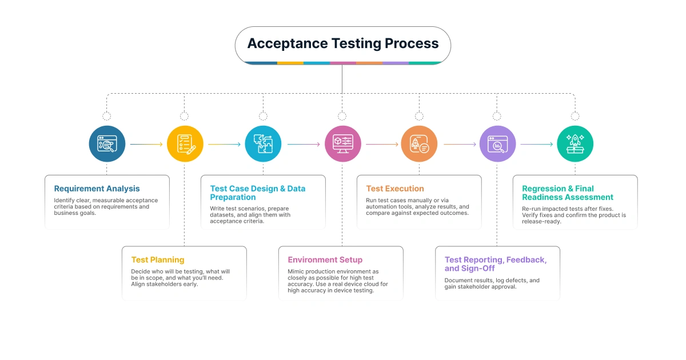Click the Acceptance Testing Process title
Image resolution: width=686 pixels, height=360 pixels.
click(x=342, y=43)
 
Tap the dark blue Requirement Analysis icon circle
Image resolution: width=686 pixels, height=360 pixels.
click(x=107, y=144)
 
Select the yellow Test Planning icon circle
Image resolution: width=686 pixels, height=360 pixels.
click(x=185, y=144)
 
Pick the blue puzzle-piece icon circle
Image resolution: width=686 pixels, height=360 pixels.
click(x=263, y=144)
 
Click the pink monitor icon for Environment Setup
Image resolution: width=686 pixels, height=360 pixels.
click(x=342, y=144)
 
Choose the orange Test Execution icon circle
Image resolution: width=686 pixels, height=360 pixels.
click(x=419, y=144)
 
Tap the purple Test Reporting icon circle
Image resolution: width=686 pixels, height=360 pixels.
click(x=497, y=144)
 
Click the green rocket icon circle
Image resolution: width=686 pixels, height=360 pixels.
click(x=575, y=144)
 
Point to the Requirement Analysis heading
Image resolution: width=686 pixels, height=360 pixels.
click(x=97, y=189)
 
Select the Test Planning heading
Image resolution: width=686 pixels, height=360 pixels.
click(x=158, y=260)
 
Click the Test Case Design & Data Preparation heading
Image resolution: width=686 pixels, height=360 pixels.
click(x=257, y=193)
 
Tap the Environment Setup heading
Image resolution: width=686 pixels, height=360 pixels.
click(x=325, y=260)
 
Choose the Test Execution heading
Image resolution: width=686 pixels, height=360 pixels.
click(x=395, y=189)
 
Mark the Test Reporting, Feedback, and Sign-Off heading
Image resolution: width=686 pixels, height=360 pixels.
click(x=495, y=264)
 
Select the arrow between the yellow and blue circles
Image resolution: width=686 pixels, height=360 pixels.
click(x=224, y=145)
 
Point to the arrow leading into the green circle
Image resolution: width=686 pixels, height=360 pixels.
click(x=536, y=145)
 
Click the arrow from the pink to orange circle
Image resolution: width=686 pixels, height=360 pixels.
click(x=381, y=145)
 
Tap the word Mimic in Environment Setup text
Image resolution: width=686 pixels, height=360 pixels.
click(x=296, y=272)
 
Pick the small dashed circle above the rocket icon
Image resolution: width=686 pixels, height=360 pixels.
click(x=575, y=116)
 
